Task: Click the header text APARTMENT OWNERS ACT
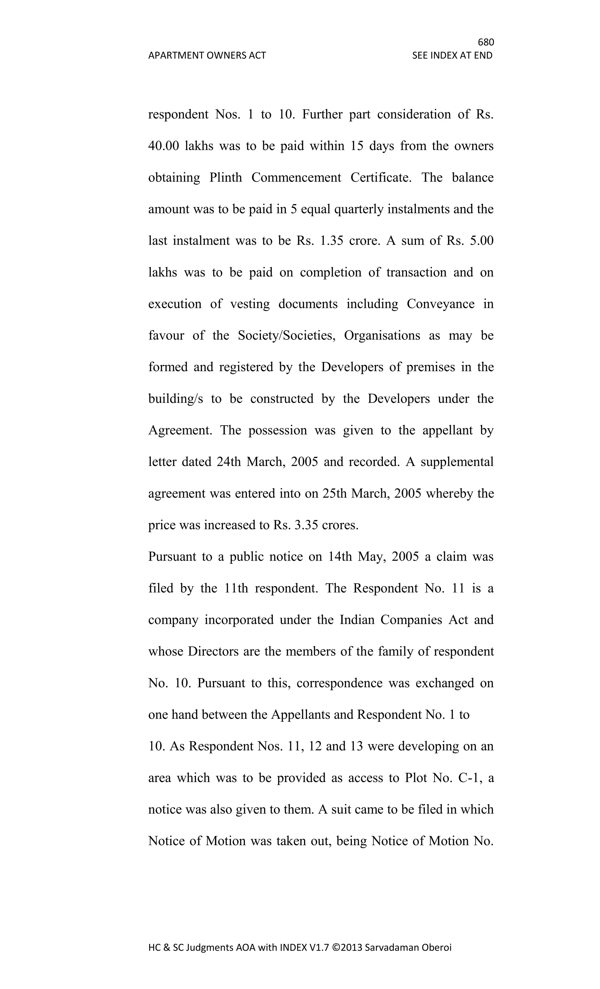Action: click(x=207, y=55)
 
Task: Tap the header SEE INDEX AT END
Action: click(x=452, y=55)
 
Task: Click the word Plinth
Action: click(x=226, y=177)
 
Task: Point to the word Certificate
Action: click(x=381, y=177)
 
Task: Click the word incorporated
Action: click(x=239, y=620)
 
